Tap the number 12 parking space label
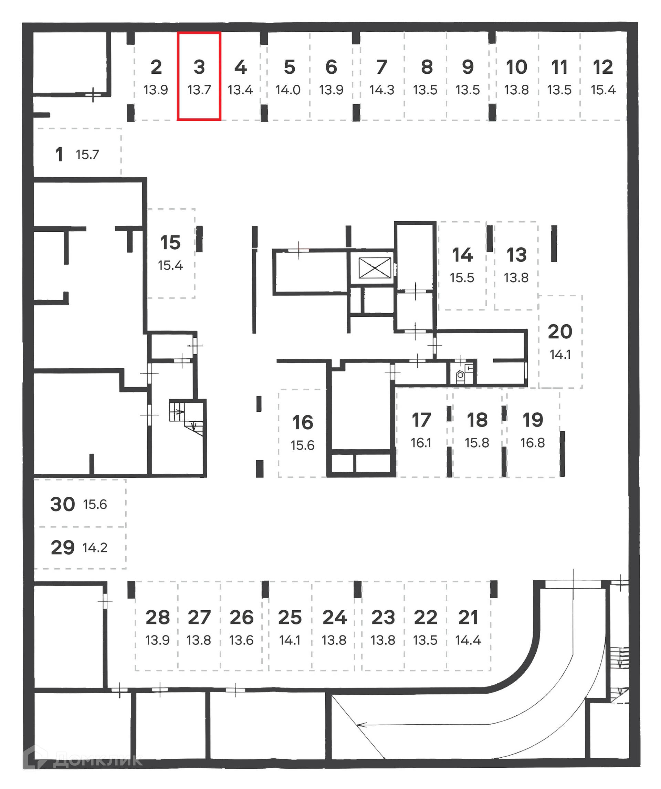pos(602,67)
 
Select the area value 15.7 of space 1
pos(87,155)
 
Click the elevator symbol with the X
pos(375,268)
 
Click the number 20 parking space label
pos(559,332)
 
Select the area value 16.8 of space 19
pos(532,443)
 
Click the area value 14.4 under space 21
pos(468,640)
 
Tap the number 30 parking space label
pos(62,504)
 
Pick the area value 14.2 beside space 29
pos(95,547)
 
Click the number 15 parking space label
pos(170,242)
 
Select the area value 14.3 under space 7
pos(381,90)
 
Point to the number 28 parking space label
pos(157,617)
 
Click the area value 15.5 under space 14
pos(462,278)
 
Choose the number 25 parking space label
pos(289,617)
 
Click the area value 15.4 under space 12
pos(603,90)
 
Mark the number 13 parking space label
pos(516,255)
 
